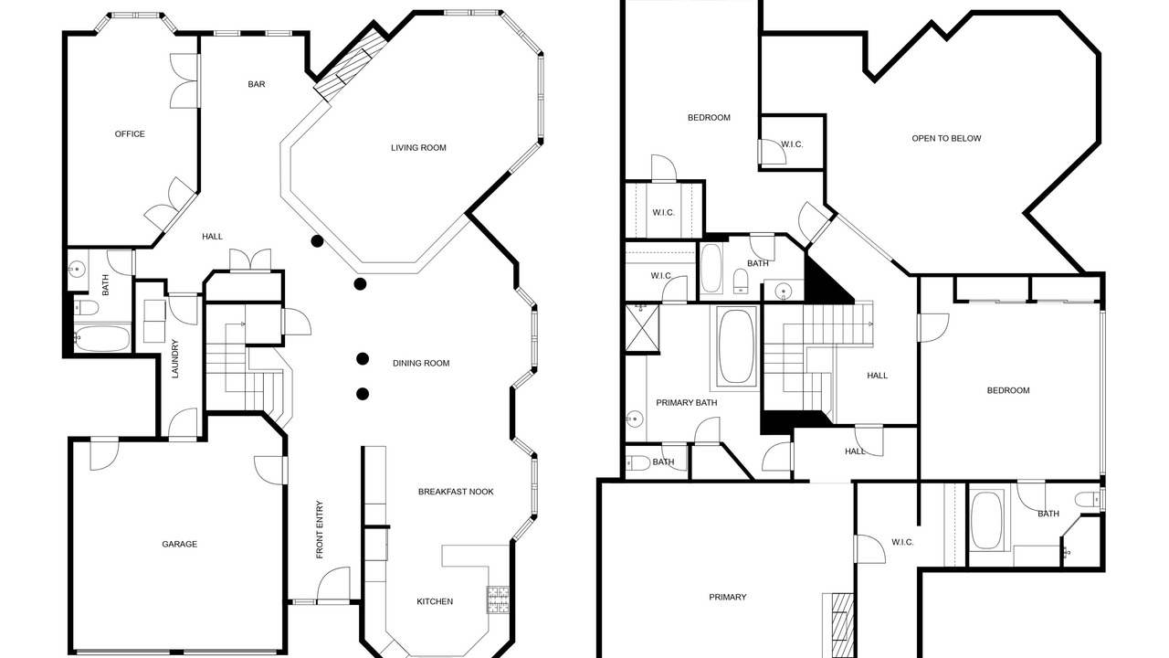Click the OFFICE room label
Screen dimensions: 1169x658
(130, 134)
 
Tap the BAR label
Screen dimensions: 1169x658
(257, 84)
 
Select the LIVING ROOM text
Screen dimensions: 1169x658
(418, 148)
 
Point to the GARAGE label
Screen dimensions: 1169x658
(180, 544)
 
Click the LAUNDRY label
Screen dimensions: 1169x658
(174, 359)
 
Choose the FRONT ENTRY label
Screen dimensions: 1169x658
(320, 529)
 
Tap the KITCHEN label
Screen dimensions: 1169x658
(435, 601)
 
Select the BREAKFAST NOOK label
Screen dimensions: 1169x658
(456, 492)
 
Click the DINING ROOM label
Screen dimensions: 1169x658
(421, 363)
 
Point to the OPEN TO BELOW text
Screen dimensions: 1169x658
(946, 138)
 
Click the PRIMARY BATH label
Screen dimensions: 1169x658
(686, 403)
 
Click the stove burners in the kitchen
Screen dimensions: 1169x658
(498, 600)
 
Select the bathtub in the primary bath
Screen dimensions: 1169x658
(736, 347)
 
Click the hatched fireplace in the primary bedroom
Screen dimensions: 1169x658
(838, 626)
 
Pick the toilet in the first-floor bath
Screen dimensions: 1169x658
(87, 308)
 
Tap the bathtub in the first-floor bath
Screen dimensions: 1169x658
(102, 338)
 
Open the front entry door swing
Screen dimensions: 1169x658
(333, 585)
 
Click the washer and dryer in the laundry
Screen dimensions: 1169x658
(154, 321)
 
